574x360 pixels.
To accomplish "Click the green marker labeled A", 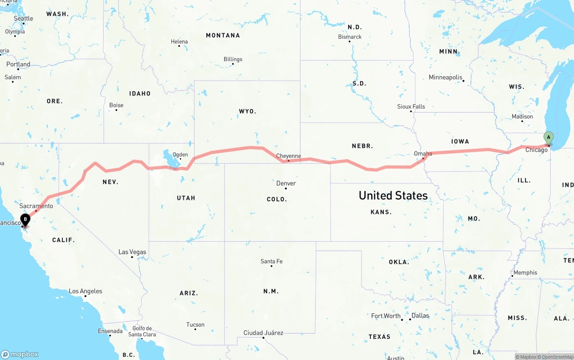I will click(548, 138).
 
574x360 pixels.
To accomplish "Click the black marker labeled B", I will click(26, 220).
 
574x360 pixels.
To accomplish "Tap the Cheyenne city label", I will click(288, 156).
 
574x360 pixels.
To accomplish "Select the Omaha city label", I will click(423, 153).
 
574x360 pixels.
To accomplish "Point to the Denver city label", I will click(286, 183).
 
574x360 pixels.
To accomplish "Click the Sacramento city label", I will click(36, 206).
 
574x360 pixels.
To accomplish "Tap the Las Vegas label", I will click(132, 252).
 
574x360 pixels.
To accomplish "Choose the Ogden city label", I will click(180, 155).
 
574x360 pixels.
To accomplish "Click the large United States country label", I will click(393, 195).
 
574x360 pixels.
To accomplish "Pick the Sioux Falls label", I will click(411, 106).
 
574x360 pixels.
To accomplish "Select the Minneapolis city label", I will click(445, 77).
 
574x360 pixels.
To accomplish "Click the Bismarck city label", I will click(350, 37).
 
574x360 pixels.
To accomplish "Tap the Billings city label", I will click(233, 59).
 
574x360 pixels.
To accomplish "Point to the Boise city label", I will click(116, 105).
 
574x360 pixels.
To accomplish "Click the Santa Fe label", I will click(271, 261).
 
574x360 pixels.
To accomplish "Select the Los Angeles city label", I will click(85, 291).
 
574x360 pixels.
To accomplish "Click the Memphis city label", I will click(525, 272).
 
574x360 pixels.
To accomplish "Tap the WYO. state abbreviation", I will click(247, 111).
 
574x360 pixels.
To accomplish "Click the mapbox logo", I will click(20, 354).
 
